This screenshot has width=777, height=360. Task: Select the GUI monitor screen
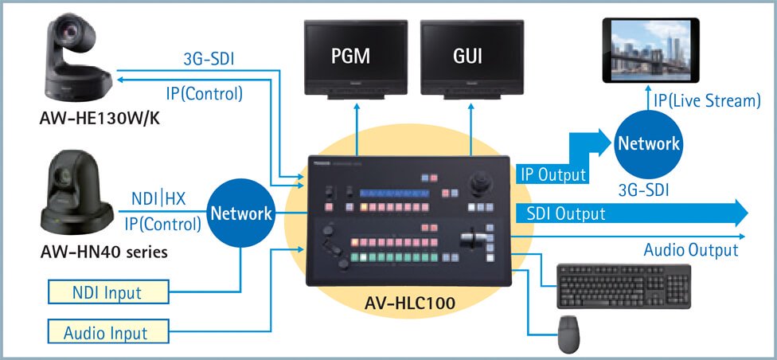click(x=467, y=57)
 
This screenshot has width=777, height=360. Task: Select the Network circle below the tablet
click(x=650, y=143)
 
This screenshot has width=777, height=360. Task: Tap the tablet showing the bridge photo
click(x=650, y=50)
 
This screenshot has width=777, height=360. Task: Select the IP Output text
click(x=552, y=174)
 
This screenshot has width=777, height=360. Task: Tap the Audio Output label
click(x=690, y=250)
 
